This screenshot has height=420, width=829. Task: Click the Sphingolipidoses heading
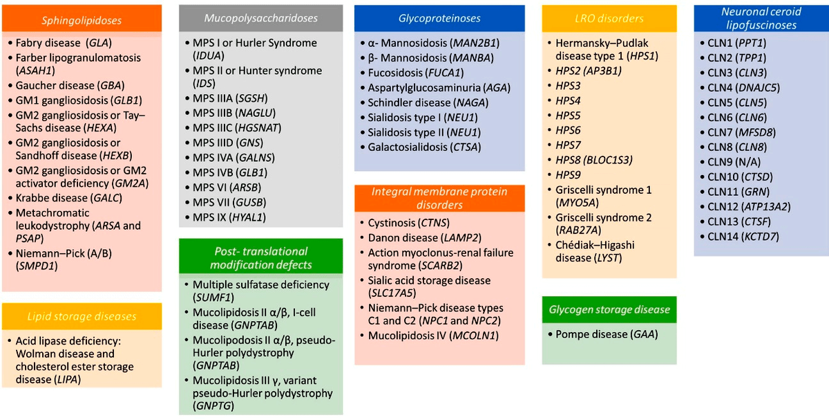coord(82,20)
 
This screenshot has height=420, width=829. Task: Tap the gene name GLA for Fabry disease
coord(99,43)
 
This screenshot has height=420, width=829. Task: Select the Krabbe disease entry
coord(69,198)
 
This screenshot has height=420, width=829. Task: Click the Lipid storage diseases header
coord(82,316)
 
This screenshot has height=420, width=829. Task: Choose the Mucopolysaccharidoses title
coord(261,18)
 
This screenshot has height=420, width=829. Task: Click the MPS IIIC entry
coord(237,128)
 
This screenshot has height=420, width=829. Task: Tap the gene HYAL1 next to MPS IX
coord(247,217)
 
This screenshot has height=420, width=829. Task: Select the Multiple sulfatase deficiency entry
coord(261,291)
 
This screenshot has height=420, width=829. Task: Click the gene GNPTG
coord(213,406)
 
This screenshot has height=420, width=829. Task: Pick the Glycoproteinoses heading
coord(439,18)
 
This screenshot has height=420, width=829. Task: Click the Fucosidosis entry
coord(416,73)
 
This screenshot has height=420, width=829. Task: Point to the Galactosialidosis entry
coord(424,147)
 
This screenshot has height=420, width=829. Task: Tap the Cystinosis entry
coord(408,223)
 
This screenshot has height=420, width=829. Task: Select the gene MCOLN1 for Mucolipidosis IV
coord(474,336)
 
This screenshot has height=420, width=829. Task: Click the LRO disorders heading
coord(609,18)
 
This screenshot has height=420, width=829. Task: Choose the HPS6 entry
coord(568,131)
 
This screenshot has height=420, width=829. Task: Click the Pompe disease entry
coord(607,334)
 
